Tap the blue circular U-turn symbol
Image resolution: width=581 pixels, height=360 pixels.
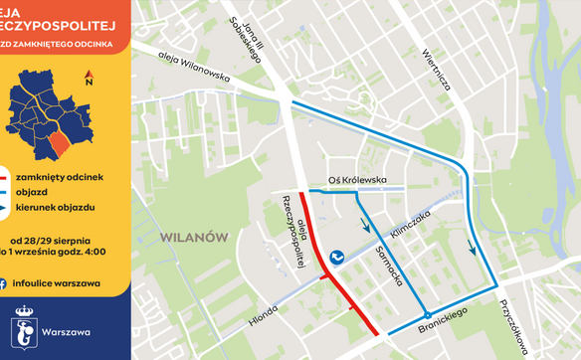(337, 257)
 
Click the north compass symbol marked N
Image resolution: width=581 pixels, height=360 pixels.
(89, 79)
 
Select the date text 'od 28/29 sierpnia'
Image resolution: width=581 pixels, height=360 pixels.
(51, 242)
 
